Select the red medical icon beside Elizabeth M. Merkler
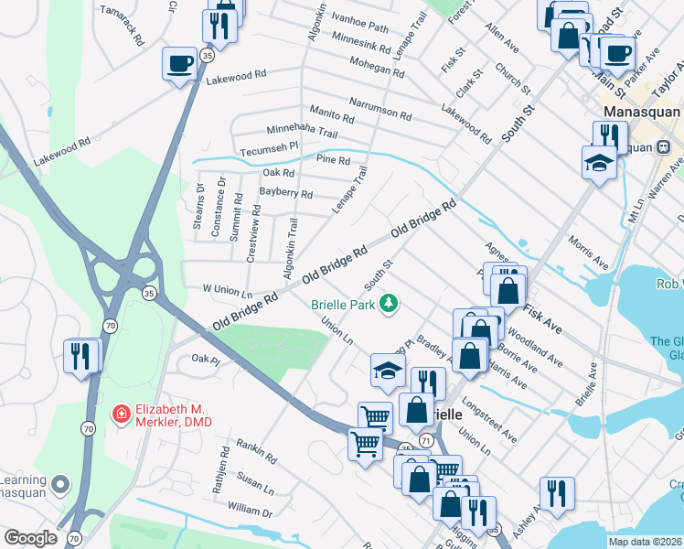[x=120, y=414]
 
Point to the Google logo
[x=30, y=538]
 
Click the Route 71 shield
[x=426, y=441]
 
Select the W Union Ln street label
[x=227, y=289]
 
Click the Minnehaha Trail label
[x=295, y=132]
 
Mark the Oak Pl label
[x=206, y=361]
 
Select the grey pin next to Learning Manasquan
[x=60, y=482]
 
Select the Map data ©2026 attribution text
[x=645, y=542]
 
